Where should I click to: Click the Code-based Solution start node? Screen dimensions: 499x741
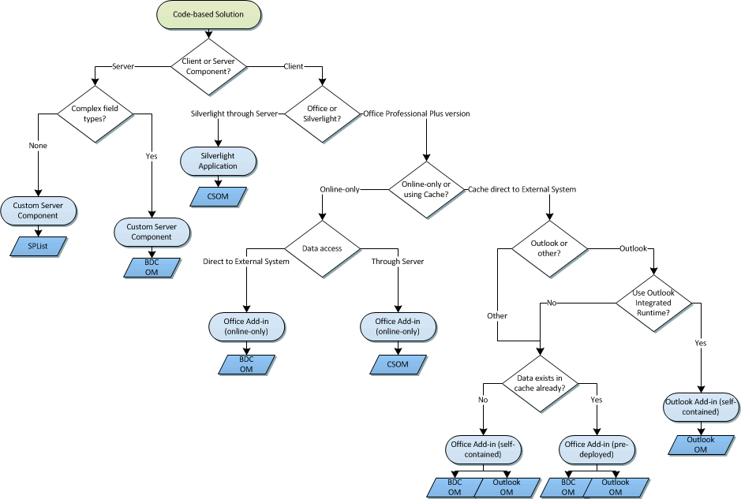[209, 15]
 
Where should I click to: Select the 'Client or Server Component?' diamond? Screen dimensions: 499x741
[209, 67]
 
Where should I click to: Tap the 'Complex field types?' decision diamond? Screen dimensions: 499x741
[94, 114]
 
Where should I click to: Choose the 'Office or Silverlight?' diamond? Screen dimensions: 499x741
[322, 114]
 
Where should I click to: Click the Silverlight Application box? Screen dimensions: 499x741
[218, 161]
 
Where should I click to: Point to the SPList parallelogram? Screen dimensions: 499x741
[38, 246]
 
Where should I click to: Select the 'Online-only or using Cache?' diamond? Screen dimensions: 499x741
[427, 189]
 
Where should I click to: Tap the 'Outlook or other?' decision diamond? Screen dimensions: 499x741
[549, 248]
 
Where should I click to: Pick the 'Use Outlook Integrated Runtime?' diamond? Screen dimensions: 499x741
[654, 303]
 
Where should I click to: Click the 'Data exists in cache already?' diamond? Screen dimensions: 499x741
[541, 383]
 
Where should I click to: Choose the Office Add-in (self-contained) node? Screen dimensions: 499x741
[483, 449]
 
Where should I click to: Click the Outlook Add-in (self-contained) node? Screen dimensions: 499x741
[702, 407]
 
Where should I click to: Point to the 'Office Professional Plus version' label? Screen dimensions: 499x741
[417, 114]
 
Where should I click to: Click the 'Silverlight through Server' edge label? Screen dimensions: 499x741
[234, 114]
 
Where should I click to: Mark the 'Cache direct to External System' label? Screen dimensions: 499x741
[522, 189]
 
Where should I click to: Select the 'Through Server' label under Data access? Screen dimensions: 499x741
[397, 261]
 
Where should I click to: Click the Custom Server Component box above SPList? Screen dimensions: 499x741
[38, 210]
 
